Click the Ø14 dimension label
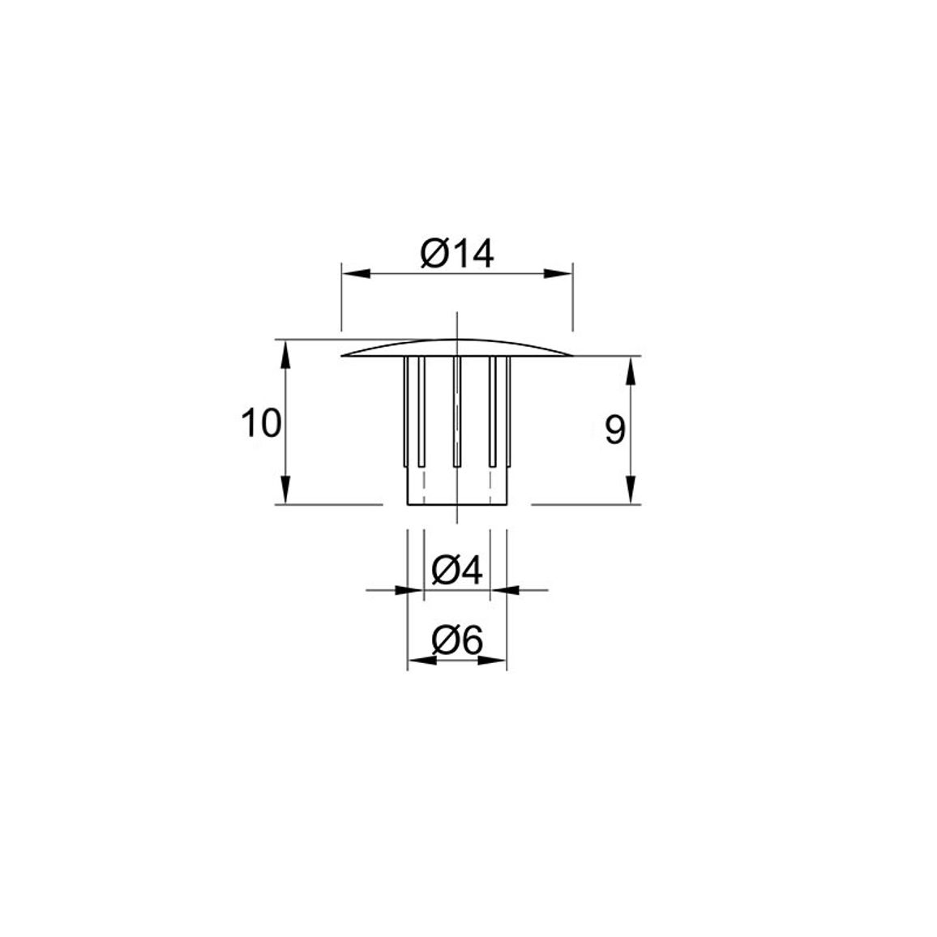pyautogui.click(x=457, y=254)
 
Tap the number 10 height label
pyautogui.click(x=260, y=423)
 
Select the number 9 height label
pyautogui.click(x=615, y=430)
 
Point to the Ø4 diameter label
pyautogui.click(x=457, y=570)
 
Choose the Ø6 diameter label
pyautogui.click(x=457, y=641)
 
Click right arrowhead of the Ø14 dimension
pyautogui.click(x=558, y=274)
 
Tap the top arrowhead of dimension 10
pyautogui.click(x=285, y=353)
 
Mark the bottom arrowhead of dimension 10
pyautogui.click(x=285, y=490)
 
